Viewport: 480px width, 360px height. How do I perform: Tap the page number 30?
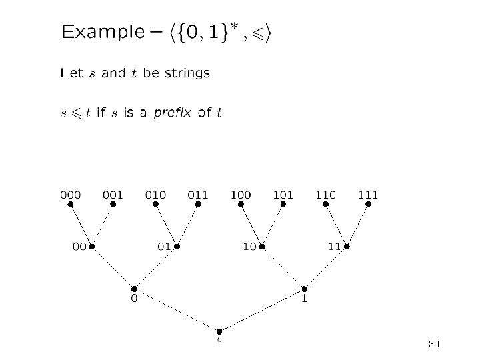(x=434, y=345)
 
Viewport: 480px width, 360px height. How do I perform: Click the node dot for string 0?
(x=134, y=289)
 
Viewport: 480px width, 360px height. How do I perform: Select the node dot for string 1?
(x=305, y=289)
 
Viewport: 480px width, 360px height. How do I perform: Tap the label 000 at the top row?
(x=71, y=195)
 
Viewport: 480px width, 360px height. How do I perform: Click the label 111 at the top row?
(x=368, y=195)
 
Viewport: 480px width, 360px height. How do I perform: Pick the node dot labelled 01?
(x=177, y=246)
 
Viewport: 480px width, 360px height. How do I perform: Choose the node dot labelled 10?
(x=262, y=246)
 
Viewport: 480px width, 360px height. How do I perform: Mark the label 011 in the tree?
(x=198, y=195)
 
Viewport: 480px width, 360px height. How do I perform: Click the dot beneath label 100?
(x=241, y=205)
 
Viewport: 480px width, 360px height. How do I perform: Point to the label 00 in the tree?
(x=79, y=247)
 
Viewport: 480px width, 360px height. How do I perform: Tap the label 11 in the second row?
(x=334, y=247)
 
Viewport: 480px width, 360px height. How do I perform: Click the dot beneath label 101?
(x=283, y=205)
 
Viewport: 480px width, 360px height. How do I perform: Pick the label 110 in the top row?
(x=326, y=195)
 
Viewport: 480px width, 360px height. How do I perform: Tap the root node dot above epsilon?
(x=219, y=331)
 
